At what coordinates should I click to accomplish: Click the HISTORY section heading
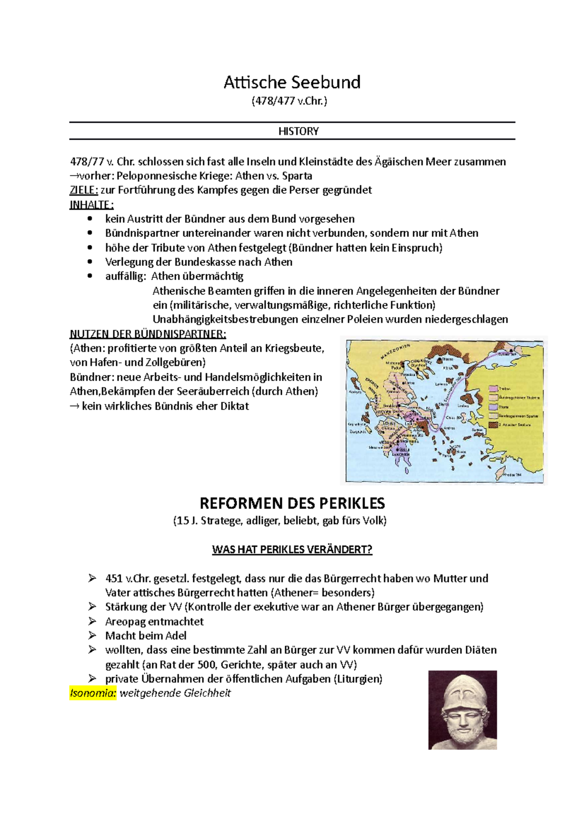[298, 131]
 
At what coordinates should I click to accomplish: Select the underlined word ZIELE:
[84, 190]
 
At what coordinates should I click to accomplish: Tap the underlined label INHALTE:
[91, 204]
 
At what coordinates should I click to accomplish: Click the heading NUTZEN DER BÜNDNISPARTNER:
[148, 334]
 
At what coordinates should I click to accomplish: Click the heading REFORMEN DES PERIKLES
[292, 503]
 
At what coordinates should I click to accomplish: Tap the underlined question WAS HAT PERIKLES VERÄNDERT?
[292, 550]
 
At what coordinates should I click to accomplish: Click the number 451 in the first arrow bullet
[114, 579]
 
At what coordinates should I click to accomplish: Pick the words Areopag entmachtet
[154, 622]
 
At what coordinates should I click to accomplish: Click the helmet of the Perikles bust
[463, 691]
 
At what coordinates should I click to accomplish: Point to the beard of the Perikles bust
[462, 733]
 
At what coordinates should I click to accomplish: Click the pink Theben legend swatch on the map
[493, 389]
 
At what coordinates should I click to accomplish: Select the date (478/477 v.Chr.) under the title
[289, 101]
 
